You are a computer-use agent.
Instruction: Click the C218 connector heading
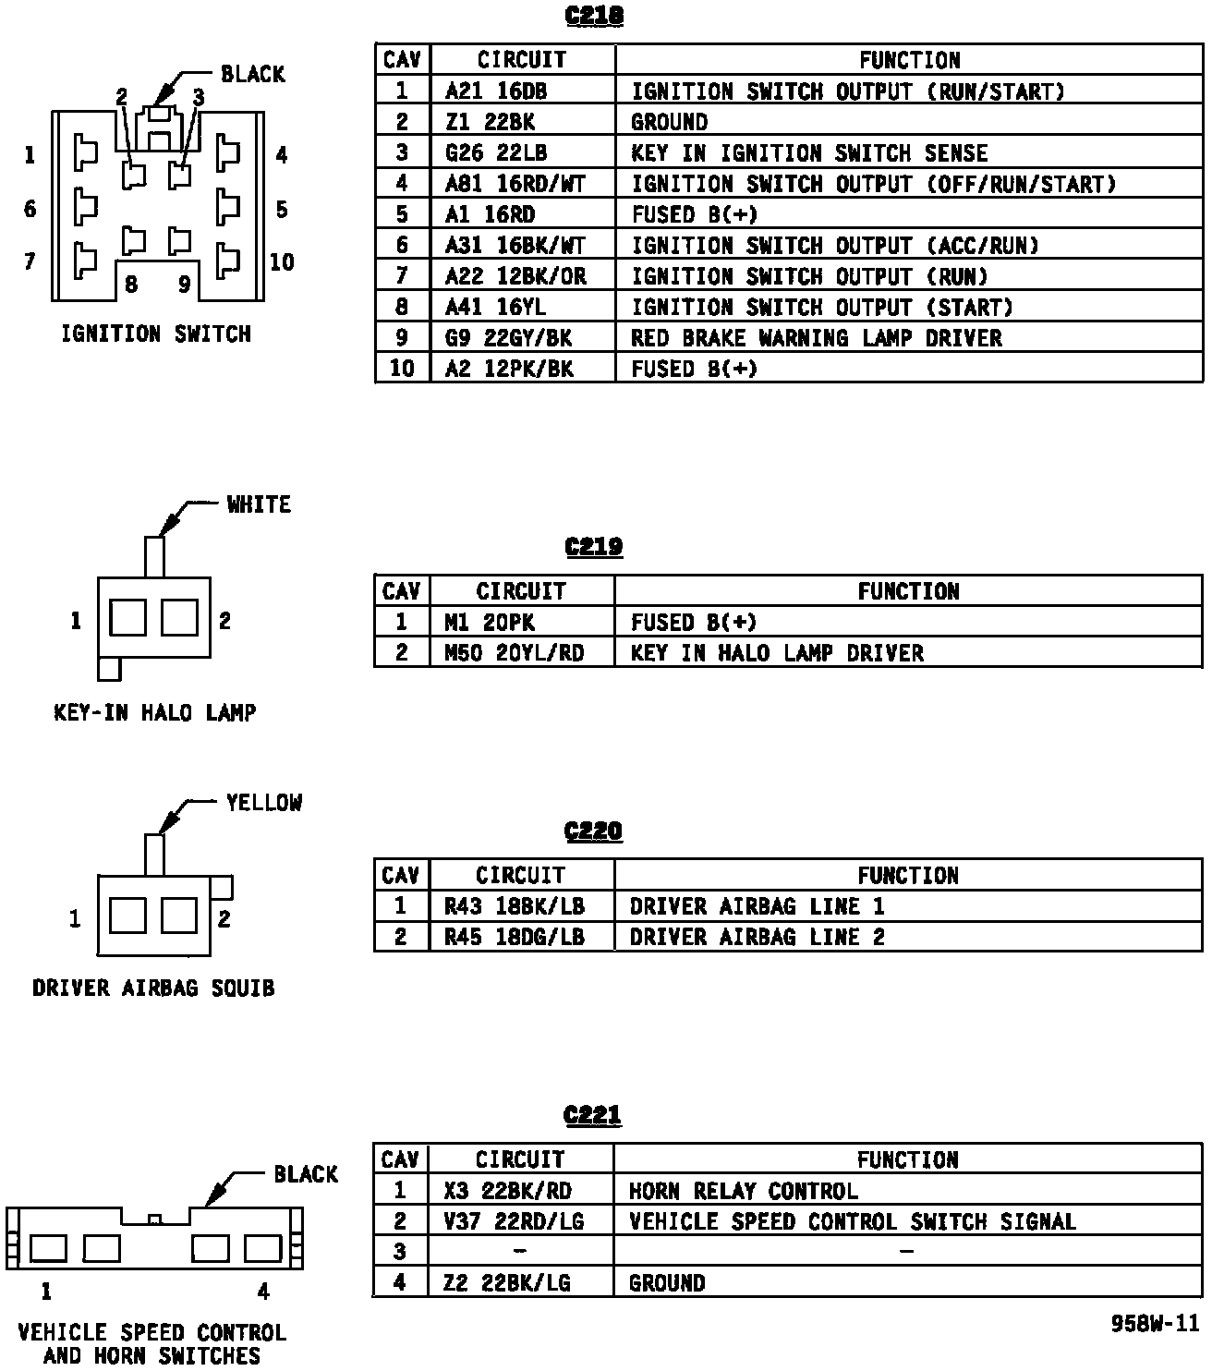[593, 16]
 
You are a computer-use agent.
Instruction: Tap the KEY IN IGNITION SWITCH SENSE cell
[809, 153]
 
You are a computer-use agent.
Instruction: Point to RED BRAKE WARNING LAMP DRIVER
[816, 338]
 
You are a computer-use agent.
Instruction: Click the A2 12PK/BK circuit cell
[509, 369]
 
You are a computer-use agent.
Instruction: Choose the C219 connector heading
[593, 546]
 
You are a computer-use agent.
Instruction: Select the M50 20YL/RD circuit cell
[514, 653]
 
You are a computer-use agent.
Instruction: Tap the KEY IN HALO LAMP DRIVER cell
[777, 653]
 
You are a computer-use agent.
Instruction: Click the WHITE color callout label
[259, 504]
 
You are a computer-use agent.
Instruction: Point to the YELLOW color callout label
[264, 803]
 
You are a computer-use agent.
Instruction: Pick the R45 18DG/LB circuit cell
[514, 937]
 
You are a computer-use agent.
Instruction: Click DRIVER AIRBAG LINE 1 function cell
[757, 906]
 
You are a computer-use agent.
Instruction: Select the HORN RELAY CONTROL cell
[743, 1191]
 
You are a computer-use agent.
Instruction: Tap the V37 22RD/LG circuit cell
[514, 1221]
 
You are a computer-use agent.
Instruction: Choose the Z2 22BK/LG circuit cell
[507, 1283]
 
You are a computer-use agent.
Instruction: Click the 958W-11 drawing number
[1154, 1324]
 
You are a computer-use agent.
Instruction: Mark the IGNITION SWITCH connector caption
[156, 334]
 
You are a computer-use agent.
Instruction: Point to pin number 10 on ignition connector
[282, 262]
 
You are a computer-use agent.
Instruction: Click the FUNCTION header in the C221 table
[907, 1159]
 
